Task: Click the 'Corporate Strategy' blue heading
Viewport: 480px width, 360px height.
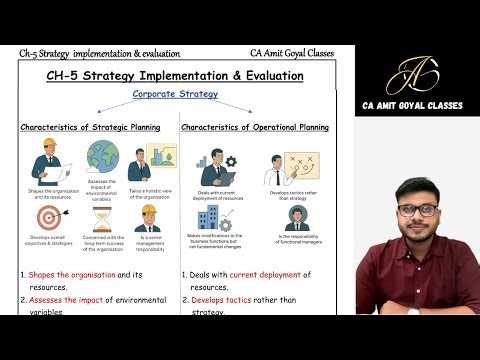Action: coord(174,94)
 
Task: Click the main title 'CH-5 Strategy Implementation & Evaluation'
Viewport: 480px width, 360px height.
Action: coord(175,74)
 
